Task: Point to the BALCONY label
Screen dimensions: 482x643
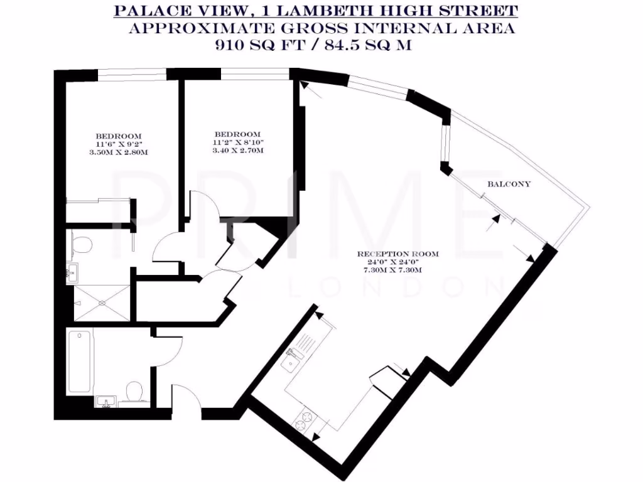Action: point(509,185)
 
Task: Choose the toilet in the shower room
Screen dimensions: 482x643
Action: point(78,245)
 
